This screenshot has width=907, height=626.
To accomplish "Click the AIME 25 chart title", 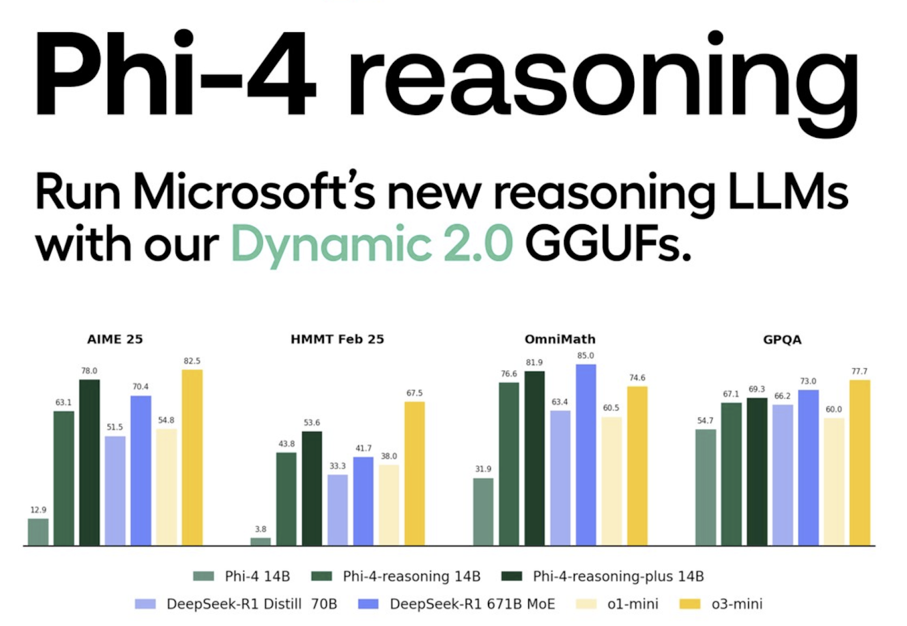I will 115,339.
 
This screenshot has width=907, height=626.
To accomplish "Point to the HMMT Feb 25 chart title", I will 337,339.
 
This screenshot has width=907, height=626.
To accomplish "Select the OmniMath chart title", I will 560,339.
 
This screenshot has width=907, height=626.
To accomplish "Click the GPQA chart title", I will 782,340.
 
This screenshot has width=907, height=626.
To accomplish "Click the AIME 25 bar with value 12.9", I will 39,532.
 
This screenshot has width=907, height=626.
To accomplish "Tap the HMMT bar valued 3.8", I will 261,542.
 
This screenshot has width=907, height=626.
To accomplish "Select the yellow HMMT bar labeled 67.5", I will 414,474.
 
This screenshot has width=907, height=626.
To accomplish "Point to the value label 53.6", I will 312,423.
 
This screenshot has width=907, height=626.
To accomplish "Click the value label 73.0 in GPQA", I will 808,381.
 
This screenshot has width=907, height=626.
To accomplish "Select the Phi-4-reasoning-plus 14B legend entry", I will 603,576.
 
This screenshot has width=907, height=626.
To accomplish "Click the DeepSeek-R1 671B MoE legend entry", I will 457,604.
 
